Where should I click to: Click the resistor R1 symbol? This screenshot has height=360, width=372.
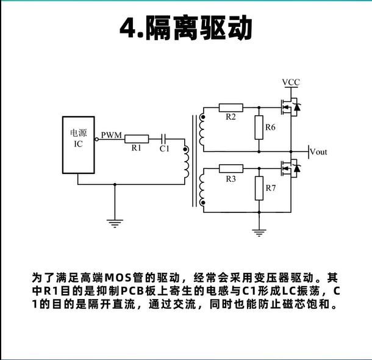[137, 138]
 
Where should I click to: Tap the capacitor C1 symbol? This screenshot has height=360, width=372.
[163, 138]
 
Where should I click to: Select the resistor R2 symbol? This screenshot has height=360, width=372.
[231, 107]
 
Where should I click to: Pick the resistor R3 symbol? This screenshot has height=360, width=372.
[231, 168]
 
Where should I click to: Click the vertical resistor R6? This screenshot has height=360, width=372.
[259, 127]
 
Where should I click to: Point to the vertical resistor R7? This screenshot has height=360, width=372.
[259, 188]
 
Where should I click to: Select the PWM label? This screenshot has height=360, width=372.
[111, 134]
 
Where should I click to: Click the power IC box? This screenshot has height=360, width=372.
[78, 144]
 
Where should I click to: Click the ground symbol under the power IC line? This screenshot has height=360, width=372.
[114, 223]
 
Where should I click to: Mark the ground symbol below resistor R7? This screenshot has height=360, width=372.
[259, 232]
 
